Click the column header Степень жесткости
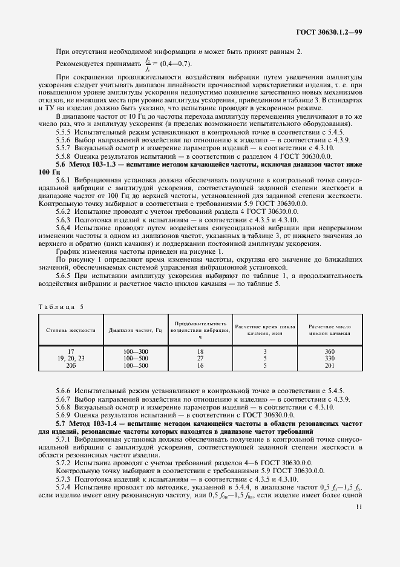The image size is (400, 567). coord(71,330)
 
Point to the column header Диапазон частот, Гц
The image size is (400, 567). coord(135,330)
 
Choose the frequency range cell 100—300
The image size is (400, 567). coord(135,351)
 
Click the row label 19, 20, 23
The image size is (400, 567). coord(71,359)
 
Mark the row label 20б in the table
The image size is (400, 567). coord(71,366)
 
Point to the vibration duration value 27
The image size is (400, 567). coord(200,359)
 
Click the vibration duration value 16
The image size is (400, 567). coord(200,366)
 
